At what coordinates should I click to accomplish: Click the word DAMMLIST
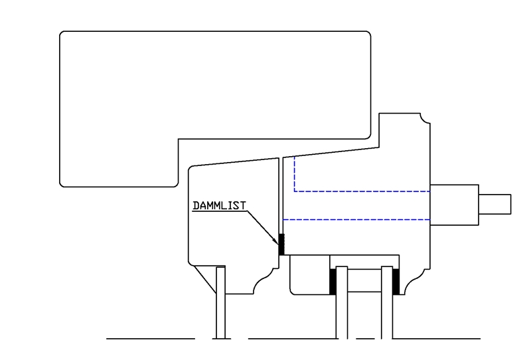point(219,205)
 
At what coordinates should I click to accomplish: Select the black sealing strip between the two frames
point(281,244)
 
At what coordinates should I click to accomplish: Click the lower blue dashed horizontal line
point(356,220)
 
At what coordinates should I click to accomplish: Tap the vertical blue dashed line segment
point(295,174)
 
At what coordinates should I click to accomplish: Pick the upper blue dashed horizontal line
point(362,191)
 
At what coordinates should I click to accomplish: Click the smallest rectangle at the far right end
point(494,204)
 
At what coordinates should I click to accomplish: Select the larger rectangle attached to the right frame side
point(454,205)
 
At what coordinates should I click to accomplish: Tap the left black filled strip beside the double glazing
point(333,281)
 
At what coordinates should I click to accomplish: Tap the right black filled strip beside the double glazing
point(396,281)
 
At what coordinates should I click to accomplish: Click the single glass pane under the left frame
point(221,302)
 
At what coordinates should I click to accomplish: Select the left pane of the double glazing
point(342,302)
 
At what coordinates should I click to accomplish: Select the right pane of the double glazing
point(387,302)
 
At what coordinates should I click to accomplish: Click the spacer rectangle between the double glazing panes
point(364,280)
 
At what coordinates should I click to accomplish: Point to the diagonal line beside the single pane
point(205,280)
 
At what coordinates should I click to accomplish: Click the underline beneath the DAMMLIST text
point(220,211)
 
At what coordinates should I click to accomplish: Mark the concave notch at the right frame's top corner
point(425,118)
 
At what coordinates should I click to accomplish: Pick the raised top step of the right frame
point(404,130)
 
